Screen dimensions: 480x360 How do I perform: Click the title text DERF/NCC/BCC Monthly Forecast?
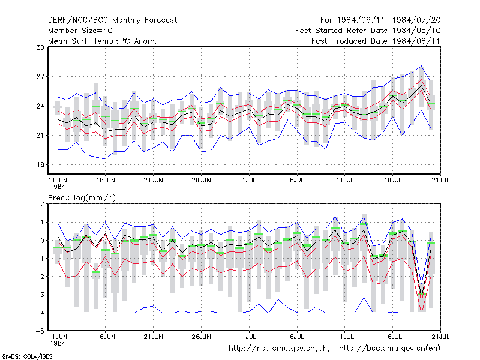(112, 20)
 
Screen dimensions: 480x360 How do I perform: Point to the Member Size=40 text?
(80, 31)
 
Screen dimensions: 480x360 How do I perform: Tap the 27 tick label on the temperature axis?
(40, 77)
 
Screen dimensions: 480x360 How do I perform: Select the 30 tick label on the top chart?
(40, 47)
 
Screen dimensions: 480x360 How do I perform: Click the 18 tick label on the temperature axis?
(40, 164)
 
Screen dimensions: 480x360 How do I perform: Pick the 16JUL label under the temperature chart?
(393, 180)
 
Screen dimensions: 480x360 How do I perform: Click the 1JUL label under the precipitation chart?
(249, 337)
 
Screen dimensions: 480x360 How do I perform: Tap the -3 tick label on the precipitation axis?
(40, 295)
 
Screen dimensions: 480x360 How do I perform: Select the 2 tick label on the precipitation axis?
(42, 204)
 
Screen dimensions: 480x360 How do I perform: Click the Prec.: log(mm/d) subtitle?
(82, 198)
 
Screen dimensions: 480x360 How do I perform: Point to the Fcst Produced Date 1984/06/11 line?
(376, 41)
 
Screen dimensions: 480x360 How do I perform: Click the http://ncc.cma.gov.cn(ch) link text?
(279, 349)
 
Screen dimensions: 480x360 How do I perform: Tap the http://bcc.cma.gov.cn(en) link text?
(389, 349)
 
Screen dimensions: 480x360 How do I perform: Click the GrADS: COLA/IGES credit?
(27, 356)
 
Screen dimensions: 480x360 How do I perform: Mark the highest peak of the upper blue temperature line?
(422, 66)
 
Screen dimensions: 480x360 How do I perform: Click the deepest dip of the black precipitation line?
(422, 296)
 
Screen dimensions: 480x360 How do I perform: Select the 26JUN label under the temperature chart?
(201, 180)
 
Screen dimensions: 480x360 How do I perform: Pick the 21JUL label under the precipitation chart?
(440, 337)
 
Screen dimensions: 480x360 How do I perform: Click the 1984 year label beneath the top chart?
(58, 187)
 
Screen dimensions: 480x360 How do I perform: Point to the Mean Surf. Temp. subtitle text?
(84, 41)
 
